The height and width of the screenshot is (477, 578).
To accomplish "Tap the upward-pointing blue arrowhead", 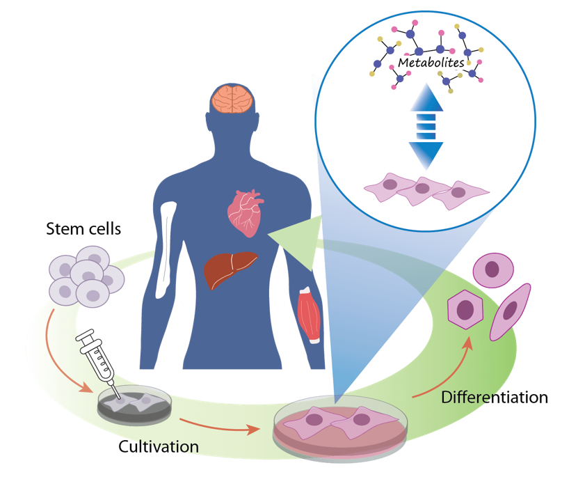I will [x=426, y=101].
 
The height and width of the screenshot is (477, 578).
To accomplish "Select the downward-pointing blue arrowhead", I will [x=426, y=153].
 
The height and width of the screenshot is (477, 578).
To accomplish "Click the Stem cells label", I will [x=83, y=228].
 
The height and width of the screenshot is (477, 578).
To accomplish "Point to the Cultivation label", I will [x=159, y=446].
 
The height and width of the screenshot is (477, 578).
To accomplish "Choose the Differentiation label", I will [x=494, y=398].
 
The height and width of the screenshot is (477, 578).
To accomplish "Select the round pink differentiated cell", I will [x=494, y=269].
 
